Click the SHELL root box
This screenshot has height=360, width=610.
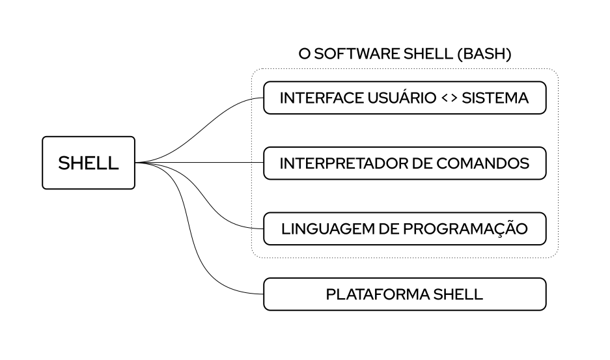(89, 163)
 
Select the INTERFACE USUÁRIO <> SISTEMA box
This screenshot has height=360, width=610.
(404, 98)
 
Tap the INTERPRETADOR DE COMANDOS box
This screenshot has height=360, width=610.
(404, 163)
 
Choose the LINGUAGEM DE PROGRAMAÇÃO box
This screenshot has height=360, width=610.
(404, 228)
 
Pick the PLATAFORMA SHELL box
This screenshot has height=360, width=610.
(404, 294)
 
